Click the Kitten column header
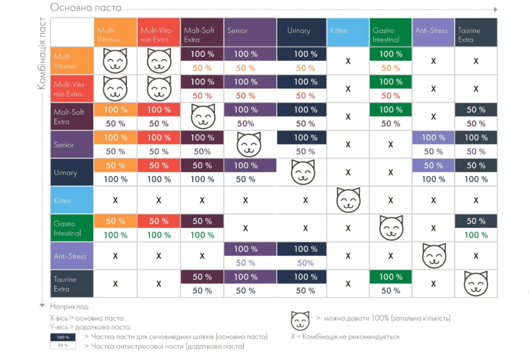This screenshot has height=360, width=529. coord(348,32)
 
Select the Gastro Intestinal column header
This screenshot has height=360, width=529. coord(390,32)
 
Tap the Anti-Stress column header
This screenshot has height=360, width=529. coord(433,32)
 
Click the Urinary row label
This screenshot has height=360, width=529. coord(72,172)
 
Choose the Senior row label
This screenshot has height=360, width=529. coord(72,145)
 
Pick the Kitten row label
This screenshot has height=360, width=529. coord(72,201)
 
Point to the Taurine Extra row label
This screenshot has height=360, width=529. coord(72,284)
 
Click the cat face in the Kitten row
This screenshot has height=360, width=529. coord(348,200)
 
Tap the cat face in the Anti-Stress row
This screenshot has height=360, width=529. coord(433,256)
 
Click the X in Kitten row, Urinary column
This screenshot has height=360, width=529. coord(305,201)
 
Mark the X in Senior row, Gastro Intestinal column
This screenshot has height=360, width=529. coord(390,145)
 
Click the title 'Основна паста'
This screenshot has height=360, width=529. coord(86,8)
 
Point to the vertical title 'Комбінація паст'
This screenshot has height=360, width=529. coord(42,53)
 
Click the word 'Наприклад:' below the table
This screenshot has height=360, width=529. coord(70,306)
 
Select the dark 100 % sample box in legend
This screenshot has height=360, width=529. coord(63,337)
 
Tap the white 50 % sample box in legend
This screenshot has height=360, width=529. coord(63,346)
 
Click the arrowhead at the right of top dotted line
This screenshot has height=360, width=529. coord(495,10)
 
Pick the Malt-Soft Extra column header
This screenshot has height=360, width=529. coord(202,32)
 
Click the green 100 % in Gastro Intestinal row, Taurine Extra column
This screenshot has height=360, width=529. coord(476,235)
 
